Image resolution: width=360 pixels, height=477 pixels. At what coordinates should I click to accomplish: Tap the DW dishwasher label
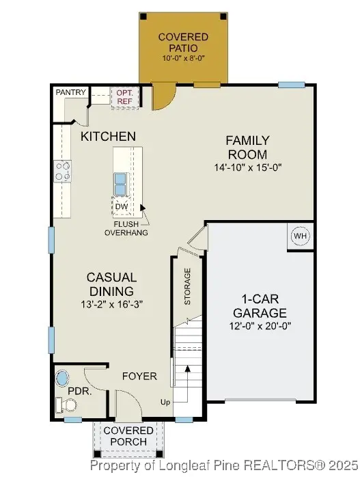pyautogui.click(x=122, y=206)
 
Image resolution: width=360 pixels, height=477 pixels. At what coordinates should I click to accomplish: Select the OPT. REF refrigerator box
pyautogui.click(x=124, y=96)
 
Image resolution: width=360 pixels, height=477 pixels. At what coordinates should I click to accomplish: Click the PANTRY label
pyautogui.click(x=70, y=92)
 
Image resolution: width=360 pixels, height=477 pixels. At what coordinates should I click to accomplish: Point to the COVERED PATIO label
pyautogui.click(x=183, y=42)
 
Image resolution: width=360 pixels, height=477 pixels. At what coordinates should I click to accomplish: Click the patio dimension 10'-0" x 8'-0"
pyautogui.click(x=183, y=59)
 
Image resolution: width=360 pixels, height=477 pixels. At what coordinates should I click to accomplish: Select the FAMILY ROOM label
pyautogui.click(x=247, y=147)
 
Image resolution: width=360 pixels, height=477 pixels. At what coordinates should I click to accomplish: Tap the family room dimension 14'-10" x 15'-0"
pyautogui.click(x=247, y=167)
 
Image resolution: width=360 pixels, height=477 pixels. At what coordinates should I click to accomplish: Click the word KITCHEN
pyautogui.click(x=108, y=137)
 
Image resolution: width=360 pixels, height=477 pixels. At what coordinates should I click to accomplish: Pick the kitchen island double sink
pyautogui.click(x=120, y=183)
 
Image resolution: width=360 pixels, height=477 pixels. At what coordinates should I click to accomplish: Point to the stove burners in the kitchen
pyautogui.click(x=64, y=171)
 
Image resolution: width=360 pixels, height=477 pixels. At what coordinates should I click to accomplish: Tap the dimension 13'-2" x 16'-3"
pyautogui.click(x=111, y=303)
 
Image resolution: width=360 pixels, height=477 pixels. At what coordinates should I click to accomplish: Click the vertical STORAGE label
pyautogui.click(x=188, y=286)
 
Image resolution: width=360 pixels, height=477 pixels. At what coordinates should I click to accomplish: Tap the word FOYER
pyautogui.click(x=139, y=377)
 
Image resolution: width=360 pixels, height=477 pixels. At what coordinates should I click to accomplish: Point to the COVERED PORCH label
pyautogui.click(x=128, y=436)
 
